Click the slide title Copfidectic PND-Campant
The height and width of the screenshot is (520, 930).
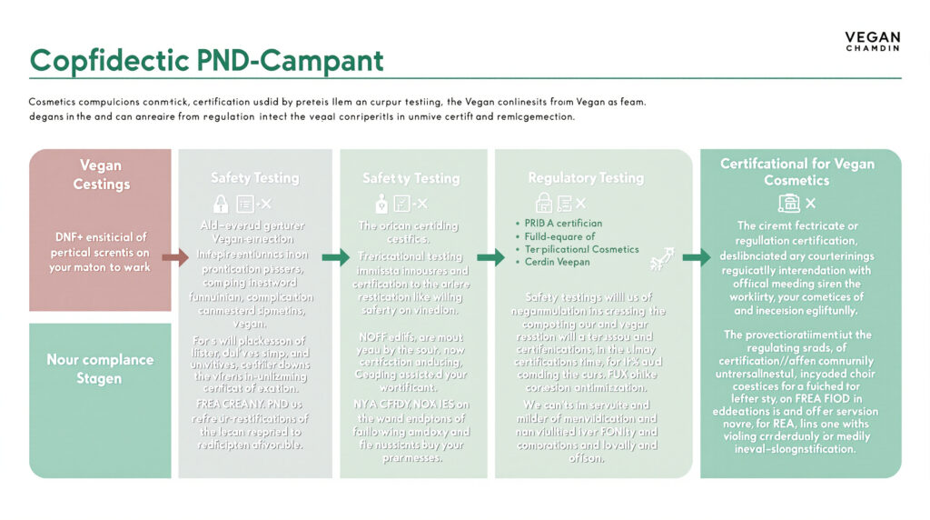click(x=206, y=60)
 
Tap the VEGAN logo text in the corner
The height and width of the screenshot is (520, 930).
click(x=872, y=38)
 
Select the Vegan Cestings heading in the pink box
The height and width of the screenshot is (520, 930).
click(x=100, y=175)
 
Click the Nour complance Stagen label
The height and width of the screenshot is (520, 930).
click(x=100, y=368)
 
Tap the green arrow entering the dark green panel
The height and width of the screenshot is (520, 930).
click(x=697, y=257)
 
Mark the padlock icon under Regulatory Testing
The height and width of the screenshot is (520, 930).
click(x=544, y=203)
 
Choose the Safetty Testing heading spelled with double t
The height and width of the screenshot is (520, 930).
click(x=411, y=178)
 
